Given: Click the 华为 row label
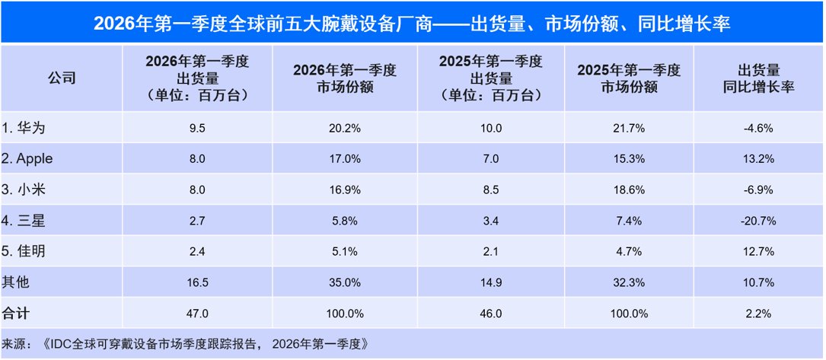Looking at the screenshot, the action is (x=24, y=128).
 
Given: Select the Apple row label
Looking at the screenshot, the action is (x=27, y=159).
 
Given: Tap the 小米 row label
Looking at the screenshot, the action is (x=24, y=190).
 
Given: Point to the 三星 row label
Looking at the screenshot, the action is (x=24, y=221).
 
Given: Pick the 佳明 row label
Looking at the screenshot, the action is (x=24, y=252).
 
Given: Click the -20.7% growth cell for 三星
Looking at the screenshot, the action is (x=758, y=221).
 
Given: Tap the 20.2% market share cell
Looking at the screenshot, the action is (x=345, y=128).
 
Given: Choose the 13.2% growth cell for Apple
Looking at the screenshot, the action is (x=758, y=159).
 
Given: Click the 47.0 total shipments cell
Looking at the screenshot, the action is (x=197, y=314).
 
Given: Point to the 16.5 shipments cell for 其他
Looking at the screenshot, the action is (x=197, y=283).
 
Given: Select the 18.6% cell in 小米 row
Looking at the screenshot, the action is (x=629, y=190).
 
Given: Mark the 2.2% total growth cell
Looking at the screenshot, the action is (x=758, y=314).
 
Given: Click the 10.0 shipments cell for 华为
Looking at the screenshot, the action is (x=490, y=128).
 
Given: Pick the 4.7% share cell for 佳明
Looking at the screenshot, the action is (x=629, y=252).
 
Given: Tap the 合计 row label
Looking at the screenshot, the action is (x=16, y=314).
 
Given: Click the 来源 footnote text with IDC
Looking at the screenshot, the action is (x=183, y=345).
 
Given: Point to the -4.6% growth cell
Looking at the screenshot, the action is (x=758, y=128).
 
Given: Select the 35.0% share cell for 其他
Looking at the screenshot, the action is (x=345, y=283).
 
